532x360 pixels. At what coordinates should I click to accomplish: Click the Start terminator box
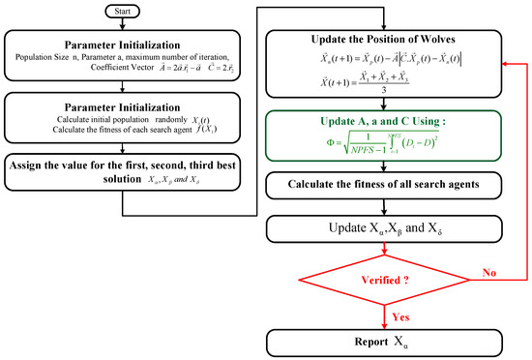tap(132, 14)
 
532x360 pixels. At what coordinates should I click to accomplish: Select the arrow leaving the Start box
tap(132, 26)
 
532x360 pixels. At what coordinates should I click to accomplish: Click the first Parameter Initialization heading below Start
tap(132, 45)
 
